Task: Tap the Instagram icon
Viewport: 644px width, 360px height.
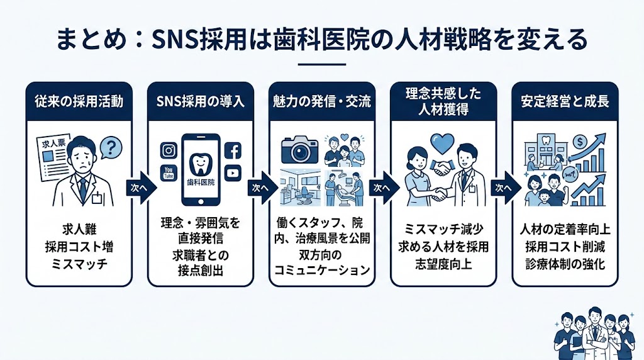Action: (169, 150)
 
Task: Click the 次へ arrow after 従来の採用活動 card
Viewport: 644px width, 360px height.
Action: (138, 188)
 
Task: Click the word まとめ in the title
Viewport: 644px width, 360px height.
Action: (81, 41)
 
